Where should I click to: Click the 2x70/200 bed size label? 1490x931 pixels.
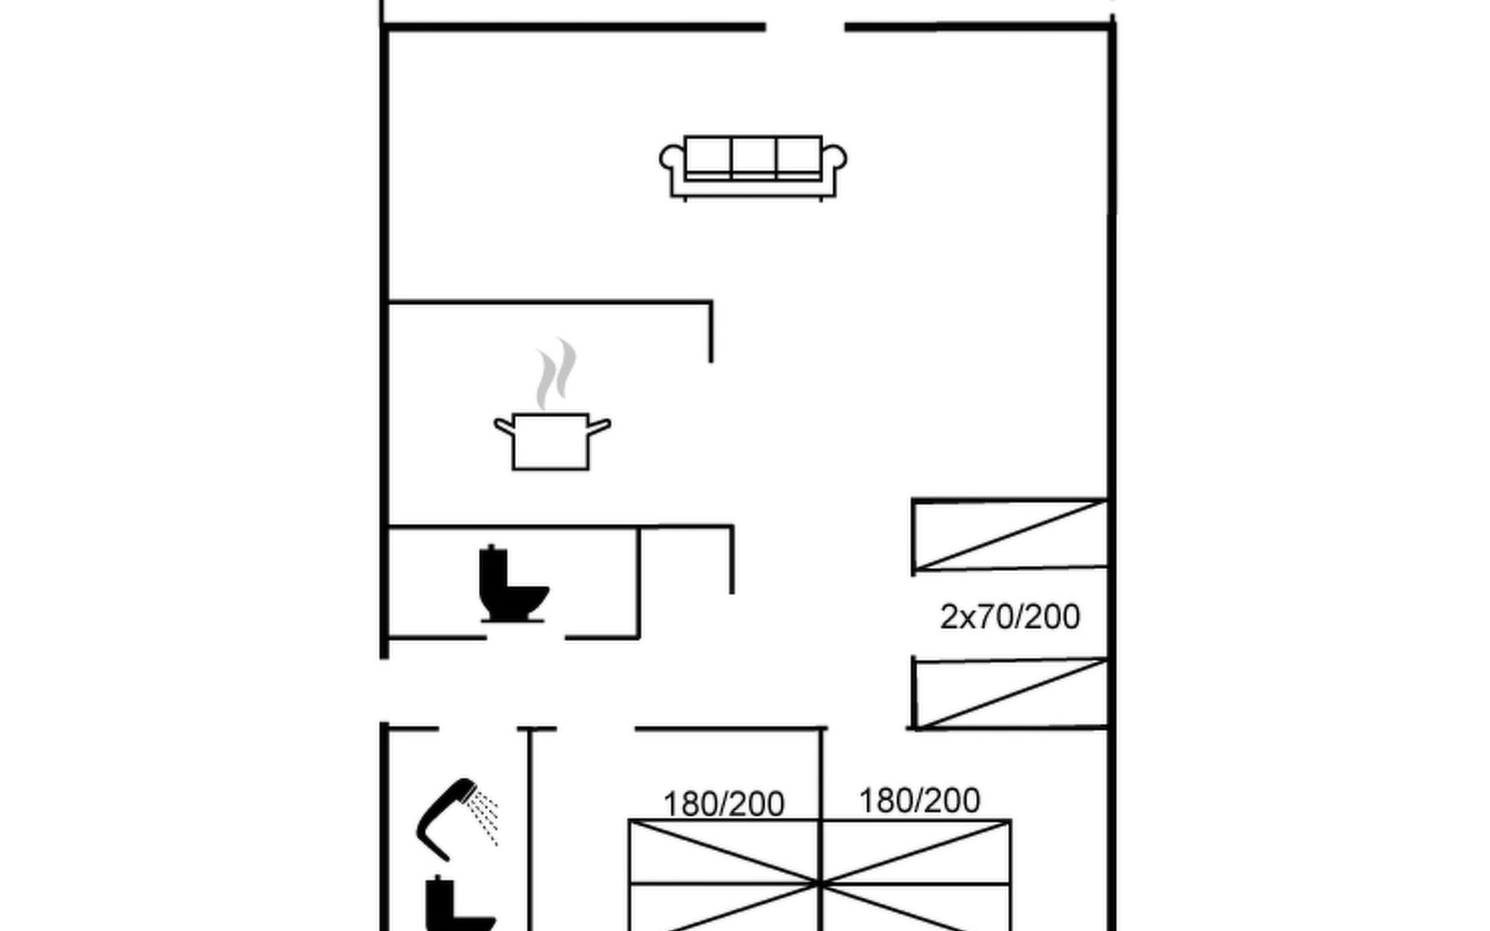point(1010,617)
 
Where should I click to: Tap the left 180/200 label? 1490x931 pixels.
point(723,804)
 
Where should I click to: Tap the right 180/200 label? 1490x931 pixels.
point(920,800)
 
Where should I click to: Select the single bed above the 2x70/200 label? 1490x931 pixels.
point(1010,535)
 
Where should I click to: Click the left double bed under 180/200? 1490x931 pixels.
point(724,877)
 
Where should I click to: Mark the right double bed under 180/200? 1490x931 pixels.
point(916,877)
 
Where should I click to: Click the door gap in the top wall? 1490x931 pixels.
point(805,27)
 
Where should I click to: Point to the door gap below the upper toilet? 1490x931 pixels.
point(525,638)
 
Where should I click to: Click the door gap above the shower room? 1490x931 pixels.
point(478,729)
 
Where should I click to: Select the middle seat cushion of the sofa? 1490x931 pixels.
point(754,157)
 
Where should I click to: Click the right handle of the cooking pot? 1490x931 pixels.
point(599,426)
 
